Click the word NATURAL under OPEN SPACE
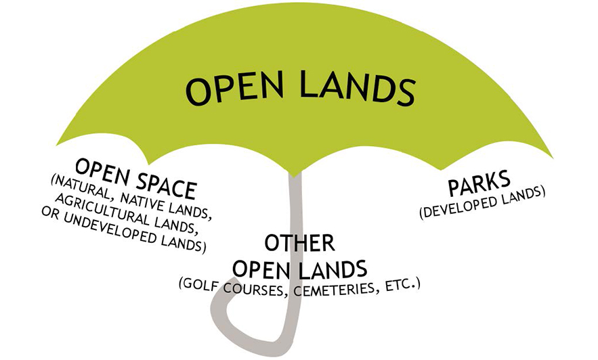83,179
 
